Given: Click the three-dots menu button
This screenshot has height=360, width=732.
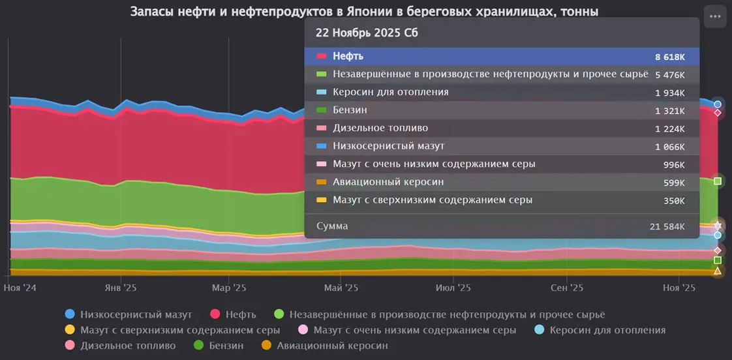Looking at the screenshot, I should pyautogui.click(x=715, y=16).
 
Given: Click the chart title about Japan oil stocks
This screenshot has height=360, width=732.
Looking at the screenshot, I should pyautogui.click(x=365, y=12).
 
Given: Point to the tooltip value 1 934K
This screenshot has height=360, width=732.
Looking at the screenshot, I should pyautogui.click(x=670, y=93).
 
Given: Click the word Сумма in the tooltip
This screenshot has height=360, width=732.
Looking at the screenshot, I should pyautogui.click(x=332, y=226).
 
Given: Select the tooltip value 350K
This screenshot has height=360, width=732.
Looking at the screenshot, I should pyautogui.click(x=674, y=200).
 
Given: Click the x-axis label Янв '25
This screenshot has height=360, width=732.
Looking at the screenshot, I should pyautogui.click(x=121, y=288).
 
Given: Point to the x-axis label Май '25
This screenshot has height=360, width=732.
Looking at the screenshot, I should pyautogui.click(x=341, y=288).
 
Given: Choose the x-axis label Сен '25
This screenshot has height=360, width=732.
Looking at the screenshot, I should pyautogui.click(x=567, y=288).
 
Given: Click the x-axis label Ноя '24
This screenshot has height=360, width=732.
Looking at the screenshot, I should pyautogui.click(x=19, y=288).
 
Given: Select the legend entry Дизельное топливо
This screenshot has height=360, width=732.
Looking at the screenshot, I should pyautogui.click(x=128, y=346).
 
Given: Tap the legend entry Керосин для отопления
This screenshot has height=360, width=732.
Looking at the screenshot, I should pyautogui.click(x=607, y=330).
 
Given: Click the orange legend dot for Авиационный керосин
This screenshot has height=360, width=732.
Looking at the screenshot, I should pyautogui.click(x=266, y=346).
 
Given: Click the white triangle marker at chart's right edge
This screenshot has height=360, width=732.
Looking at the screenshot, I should pyautogui.click(x=718, y=271).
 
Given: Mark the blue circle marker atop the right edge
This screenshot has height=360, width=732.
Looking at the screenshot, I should pyautogui.click(x=718, y=104).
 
